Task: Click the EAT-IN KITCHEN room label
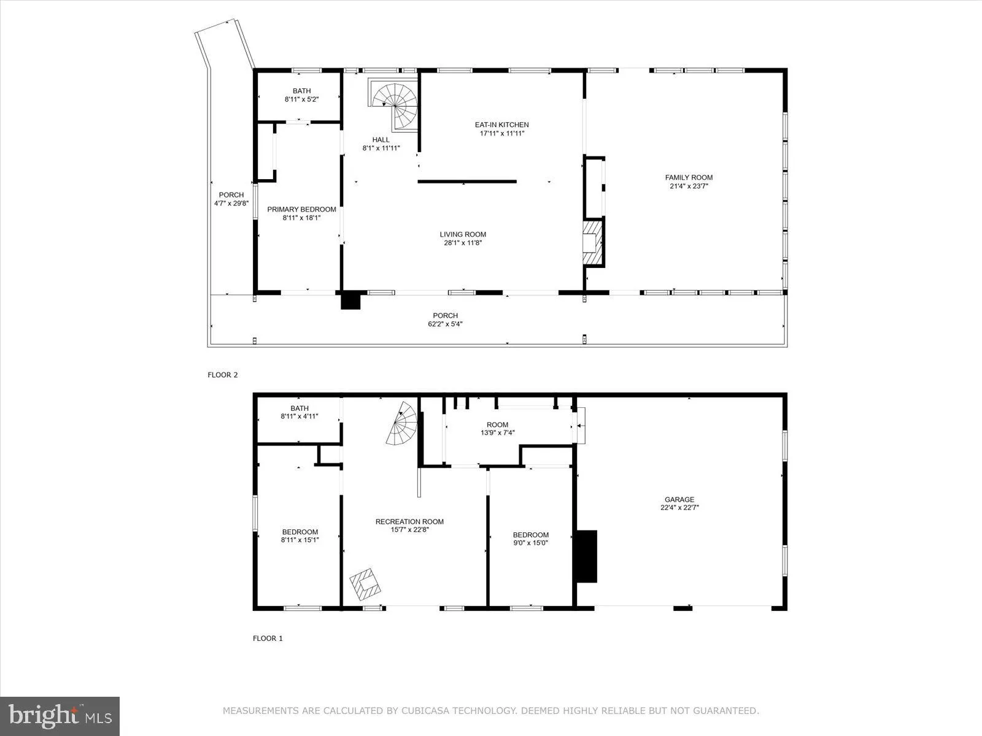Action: [x=501, y=125]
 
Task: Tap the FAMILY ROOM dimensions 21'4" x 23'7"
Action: [x=689, y=186]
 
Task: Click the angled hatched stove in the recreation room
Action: [x=366, y=584]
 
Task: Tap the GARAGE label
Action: [x=679, y=499]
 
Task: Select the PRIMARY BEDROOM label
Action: [x=301, y=209]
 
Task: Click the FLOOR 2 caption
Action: [x=223, y=375]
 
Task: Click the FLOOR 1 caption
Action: [x=268, y=638]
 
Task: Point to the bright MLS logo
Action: [x=60, y=716]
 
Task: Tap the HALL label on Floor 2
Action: [x=381, y=139]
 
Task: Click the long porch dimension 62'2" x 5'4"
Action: [x=445, y=324]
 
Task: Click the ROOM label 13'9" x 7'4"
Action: [x=497, y=424]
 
